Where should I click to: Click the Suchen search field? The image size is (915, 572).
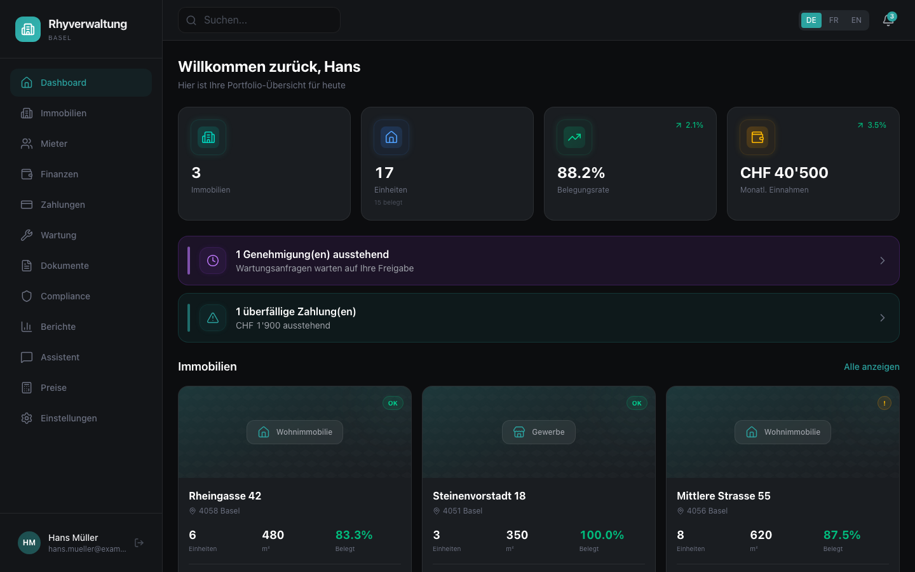[x=259, y=20]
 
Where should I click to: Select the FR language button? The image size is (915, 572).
[x=834, y=20]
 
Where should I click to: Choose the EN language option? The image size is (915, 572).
[x=856, y=20]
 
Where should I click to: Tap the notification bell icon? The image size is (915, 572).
[x=888, y=20]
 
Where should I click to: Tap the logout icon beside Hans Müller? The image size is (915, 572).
[x=139, y=543]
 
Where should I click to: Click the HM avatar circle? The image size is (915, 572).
[x=29, y=543]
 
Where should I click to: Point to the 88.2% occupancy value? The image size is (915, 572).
[x=581, y=173]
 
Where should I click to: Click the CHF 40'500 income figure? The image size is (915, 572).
[x=784, y=173]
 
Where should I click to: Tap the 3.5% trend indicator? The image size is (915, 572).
[x=872, y=125]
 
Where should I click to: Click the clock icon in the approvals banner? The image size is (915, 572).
[x=213, y=261]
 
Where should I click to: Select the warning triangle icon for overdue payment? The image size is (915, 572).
[x=213, y=318]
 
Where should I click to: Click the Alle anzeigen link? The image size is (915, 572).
[x=872, y=367]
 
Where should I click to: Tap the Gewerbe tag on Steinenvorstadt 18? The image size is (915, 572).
[x=539, y=432]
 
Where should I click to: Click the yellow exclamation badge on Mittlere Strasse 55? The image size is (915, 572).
[x=884, y=403]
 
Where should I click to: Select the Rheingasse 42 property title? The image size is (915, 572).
[x=225, y=496]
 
